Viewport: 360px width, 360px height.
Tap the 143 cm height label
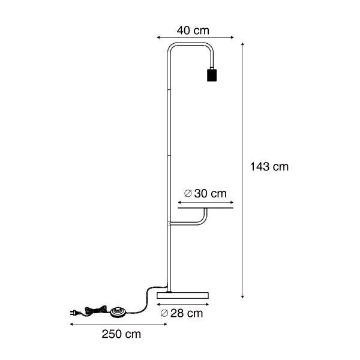pos(269,167)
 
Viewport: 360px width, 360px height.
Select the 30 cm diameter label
pos(206,193)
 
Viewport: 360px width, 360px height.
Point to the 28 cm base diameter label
pos(182,313)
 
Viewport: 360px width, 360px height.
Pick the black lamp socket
pos(211,75)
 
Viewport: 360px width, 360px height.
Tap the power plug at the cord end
pos(74,312)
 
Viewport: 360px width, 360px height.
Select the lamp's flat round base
pos(182,296)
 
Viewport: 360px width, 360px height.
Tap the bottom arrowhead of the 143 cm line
pos(242,296)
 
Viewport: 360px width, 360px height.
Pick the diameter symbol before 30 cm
pos(188,193)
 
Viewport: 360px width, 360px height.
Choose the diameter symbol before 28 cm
pos(164,313)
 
